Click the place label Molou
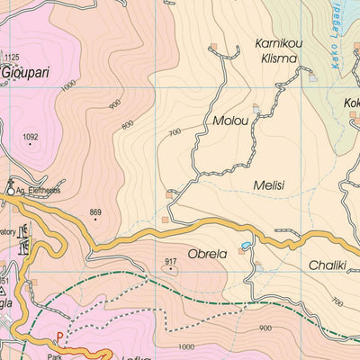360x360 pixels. tap(229, 120)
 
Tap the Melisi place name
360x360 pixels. tap(268, 185)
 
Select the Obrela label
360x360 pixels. tap(207, 253)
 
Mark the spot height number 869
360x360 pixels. tap(96, 212)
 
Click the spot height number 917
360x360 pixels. tap(170, 261)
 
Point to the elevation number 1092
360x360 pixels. tap(31, 138)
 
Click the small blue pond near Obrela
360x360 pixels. tap(245, 245)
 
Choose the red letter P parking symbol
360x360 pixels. tap(60, 338)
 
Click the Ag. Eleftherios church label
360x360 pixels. tap(40, 191)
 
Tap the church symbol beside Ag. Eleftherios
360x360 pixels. tap(11, 189)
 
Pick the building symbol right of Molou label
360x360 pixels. tap(256, 109)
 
